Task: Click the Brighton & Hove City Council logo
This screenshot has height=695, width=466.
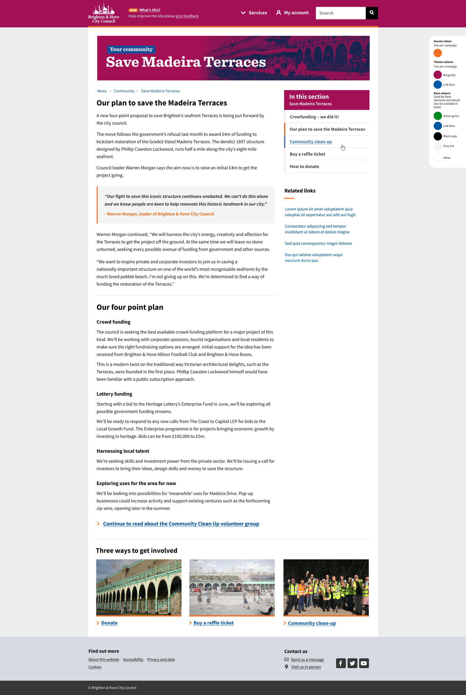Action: (x=103, y=13)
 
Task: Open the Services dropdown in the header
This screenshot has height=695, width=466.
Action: (x=254, y=13)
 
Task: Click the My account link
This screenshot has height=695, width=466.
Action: (x=293, y=13)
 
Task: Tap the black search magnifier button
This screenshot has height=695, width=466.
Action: (x=372, y=13)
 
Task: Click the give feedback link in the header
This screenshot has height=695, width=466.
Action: (x=187, y=16)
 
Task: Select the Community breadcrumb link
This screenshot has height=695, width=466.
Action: (x=124, y=91)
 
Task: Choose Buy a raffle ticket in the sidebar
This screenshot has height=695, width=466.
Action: (x=307, y=154)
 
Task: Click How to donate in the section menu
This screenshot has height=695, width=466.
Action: (x=304, y=167)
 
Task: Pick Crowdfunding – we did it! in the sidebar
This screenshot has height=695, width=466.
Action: (x=314, y=117)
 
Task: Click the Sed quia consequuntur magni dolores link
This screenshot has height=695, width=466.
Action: (x=318, y=243)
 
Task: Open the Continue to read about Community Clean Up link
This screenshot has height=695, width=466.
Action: (x=181, y=524)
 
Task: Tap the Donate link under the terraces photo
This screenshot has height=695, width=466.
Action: (x=109, y=623)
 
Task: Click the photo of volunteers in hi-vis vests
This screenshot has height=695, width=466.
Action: (x=326, y=587)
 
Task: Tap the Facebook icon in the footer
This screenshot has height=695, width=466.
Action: (x=341, y=663)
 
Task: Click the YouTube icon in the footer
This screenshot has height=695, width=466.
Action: (x=364, y=663)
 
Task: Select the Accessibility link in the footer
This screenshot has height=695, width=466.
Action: (x=133, y=660)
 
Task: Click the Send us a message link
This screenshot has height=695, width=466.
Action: (x=307, y=660)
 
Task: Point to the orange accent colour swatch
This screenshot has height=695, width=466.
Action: (x=437, y=53)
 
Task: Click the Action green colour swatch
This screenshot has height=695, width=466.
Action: (x=437, y=116)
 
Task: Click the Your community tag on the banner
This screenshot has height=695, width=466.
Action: (x=131, y=49)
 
